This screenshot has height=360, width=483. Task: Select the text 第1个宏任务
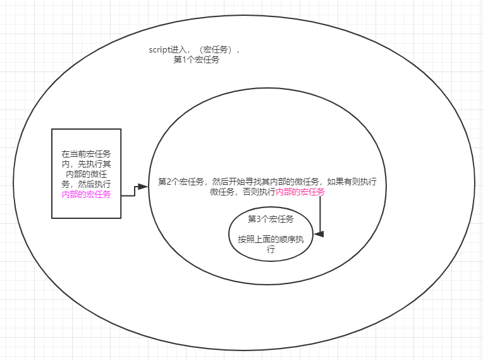click(197, 60)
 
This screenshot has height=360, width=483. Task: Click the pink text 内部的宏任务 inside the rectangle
click(86, 194)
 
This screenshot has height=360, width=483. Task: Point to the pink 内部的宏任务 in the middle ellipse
click(300, 192)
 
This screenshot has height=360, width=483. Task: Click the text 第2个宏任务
click(181, 182)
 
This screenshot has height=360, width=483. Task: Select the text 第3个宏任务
click(271, 219)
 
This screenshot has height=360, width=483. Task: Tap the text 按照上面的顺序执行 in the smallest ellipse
click(271, 244)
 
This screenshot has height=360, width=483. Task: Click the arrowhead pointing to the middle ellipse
click(143, 187)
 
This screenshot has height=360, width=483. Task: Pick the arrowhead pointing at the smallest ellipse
click(319, 234)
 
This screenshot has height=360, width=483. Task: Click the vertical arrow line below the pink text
click(321, 215)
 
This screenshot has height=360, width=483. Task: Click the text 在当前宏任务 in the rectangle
click(86, 154)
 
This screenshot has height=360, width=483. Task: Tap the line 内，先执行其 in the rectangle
click(86, 164)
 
